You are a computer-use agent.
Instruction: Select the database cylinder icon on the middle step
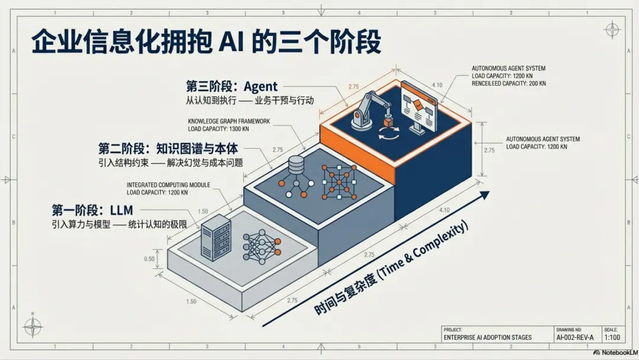[295, 164]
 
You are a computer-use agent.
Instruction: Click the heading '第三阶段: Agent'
[232, 87]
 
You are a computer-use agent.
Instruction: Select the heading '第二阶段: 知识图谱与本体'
[172, 149]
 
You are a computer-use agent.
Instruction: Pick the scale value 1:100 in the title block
[611, 337]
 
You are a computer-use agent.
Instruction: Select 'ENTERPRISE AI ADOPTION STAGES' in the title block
[487, 337]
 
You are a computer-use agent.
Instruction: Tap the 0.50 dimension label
[150, 259]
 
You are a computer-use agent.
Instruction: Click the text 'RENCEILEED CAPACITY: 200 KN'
[508, 83]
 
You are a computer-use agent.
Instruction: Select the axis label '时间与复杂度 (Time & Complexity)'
[391, 268]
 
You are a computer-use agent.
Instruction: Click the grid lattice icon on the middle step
[337, 181]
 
